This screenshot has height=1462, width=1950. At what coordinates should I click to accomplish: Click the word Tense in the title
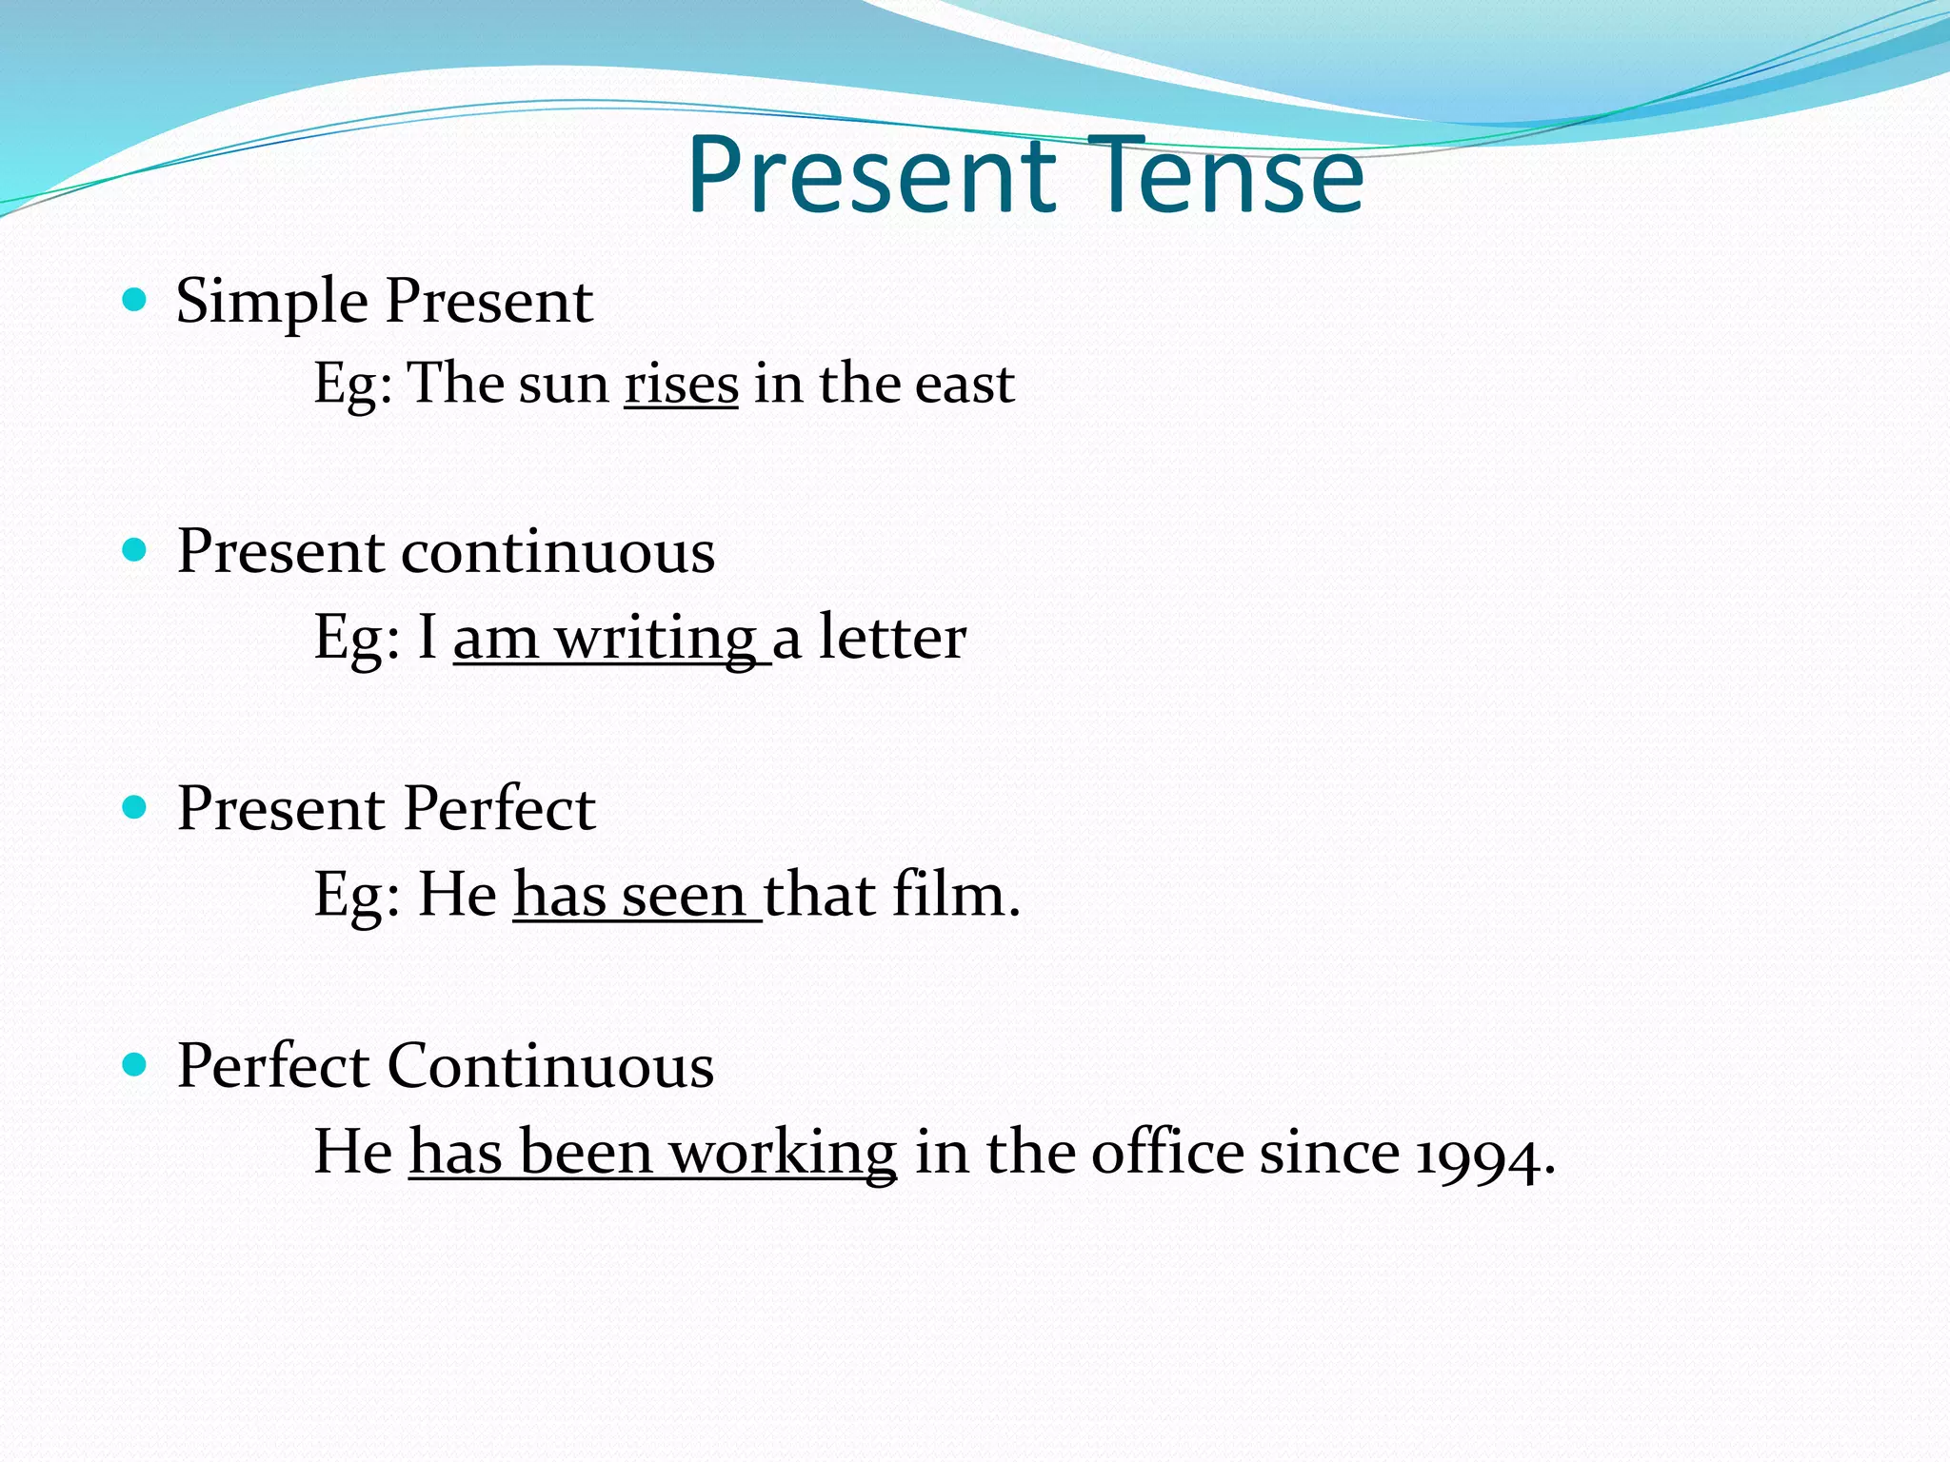coord(1225,176)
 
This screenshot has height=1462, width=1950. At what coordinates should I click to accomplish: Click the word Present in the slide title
coord(870,176)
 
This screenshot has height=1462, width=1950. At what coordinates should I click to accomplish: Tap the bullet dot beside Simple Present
coord(135,301)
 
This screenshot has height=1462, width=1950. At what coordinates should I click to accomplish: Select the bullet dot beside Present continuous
coord(135,550)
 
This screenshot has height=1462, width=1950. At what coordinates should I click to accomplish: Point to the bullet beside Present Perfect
coord(135,807)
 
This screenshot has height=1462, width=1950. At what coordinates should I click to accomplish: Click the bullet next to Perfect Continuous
coord(135,1064)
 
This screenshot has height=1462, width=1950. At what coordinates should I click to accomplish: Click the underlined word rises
coord(681,384)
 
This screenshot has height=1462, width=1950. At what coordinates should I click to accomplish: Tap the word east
coord(964,384)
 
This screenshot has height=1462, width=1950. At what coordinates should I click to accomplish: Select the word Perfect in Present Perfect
coord(499,809)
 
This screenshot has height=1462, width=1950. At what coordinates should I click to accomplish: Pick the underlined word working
coord(782,1155)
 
